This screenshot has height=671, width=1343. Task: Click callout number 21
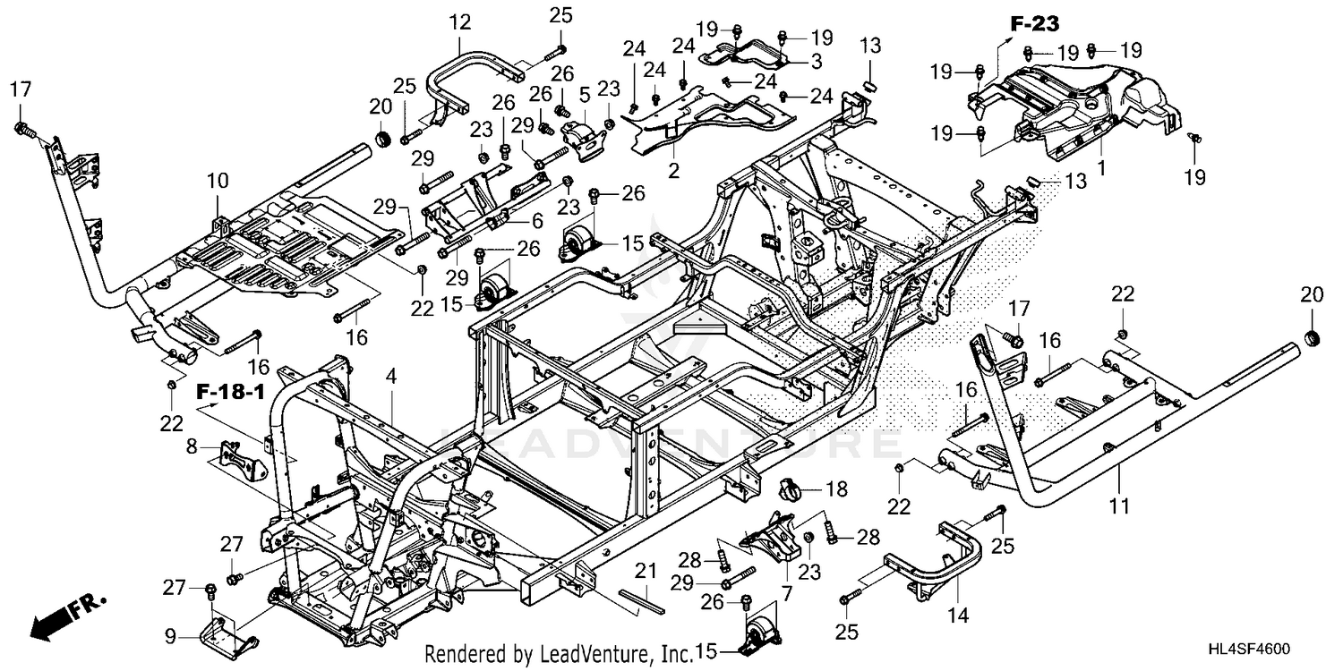click(646, 571)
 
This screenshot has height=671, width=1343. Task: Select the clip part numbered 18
click(792, 488)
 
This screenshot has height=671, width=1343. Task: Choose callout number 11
click(1118, 507)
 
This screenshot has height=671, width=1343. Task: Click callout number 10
click(218, 180)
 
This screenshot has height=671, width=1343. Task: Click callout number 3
click(817, 61)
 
